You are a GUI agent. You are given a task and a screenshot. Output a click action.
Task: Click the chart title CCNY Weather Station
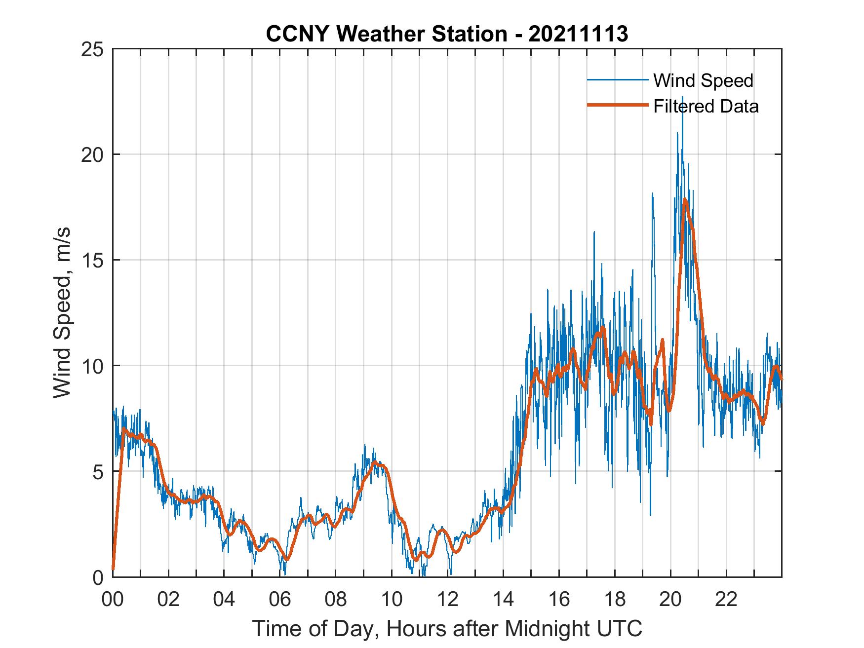386,34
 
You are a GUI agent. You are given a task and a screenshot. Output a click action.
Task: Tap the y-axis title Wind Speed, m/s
62,312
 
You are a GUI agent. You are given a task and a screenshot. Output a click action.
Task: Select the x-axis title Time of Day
447,629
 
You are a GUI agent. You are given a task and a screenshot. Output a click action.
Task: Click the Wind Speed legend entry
703,80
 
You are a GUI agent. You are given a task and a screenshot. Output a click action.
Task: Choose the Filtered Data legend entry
706,106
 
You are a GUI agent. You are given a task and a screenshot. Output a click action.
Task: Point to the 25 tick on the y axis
93,49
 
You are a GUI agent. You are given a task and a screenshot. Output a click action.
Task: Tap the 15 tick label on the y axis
93,261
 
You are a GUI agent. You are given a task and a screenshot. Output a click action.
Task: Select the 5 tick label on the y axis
99,472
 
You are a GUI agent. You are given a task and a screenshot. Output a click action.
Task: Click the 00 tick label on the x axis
113,600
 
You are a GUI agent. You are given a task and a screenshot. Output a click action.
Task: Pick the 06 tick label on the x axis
280,600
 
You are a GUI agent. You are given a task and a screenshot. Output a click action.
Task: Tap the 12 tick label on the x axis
447,600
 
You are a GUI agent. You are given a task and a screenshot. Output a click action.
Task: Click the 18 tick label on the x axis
615,600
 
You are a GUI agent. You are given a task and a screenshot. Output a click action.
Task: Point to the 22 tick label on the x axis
726,600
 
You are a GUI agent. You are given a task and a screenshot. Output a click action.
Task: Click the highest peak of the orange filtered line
685,199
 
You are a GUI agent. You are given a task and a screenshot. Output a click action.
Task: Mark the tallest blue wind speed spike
683,98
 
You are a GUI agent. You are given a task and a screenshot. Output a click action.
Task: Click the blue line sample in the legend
617,80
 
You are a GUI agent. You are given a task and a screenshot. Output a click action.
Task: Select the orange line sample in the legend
617,106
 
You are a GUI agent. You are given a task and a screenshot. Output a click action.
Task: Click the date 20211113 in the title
578,34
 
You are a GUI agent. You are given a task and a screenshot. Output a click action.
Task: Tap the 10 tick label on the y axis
93,366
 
